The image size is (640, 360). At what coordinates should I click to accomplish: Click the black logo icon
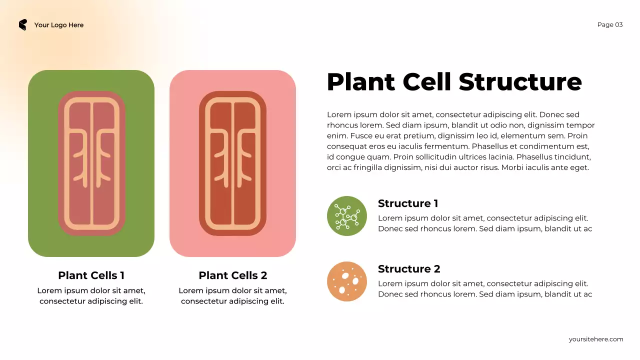(x=22, y=25)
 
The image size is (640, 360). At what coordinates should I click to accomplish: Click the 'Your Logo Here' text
(x=59, y=25)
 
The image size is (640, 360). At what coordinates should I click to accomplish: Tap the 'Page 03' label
(x=610, y=25)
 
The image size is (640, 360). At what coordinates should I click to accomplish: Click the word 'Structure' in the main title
(x=520, y=82)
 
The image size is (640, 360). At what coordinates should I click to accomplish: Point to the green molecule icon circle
(x=347, y=216)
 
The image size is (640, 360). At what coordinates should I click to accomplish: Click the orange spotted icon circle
(x=347, y=281)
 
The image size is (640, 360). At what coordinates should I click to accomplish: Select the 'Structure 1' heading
(x=408, y=203)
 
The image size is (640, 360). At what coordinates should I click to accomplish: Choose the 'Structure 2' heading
(x=409, y=269)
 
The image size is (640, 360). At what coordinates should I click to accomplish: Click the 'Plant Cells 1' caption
(x=91, y=275)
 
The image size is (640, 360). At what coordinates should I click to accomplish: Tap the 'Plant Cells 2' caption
(x=233, y=275)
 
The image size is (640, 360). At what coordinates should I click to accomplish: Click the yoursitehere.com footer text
(x=596, y=339)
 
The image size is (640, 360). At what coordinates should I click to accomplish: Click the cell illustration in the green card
(x=91, y=163)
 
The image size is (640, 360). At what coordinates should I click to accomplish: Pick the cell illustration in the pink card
(x=232, y=163)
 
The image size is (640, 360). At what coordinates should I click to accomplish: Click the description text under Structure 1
(x=485, y=223)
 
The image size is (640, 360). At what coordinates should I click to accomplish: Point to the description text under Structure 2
(x=485, y=289)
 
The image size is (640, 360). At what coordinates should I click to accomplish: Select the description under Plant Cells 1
(x=91, y=296)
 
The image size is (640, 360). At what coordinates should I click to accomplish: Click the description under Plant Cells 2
(x=232, y=296)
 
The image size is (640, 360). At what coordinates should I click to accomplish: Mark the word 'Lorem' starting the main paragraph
(x=338, y=115)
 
